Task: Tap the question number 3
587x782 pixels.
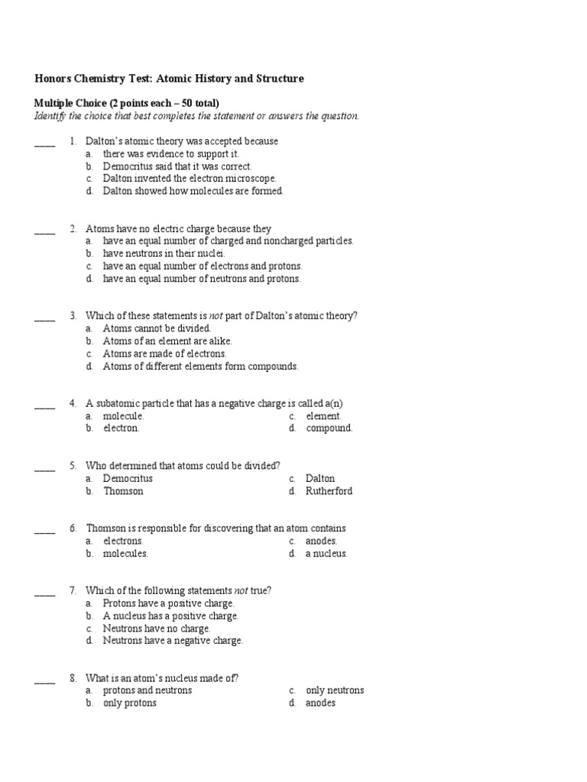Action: point(73,316)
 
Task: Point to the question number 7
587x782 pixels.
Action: point(73,591)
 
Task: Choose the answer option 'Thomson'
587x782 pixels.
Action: point(123,491)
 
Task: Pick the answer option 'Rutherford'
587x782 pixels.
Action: point(329,491)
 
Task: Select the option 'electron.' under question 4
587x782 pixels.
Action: point(122,428)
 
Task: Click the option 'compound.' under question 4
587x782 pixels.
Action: point(329,428)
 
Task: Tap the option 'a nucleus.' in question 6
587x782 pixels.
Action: point(326,554)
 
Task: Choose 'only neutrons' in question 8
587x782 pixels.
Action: point(335,690)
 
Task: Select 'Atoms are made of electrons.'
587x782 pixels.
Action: point(165,354)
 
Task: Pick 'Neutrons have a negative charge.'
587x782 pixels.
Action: point(173,641)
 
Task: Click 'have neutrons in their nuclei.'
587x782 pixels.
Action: point(164,254)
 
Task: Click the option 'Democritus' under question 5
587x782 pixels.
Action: point(128,479)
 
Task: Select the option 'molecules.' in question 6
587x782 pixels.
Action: point(125,554)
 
